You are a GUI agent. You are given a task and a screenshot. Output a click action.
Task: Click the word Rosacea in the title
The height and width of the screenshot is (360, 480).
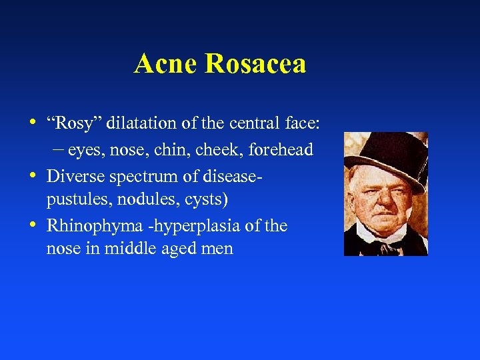click(x=256, y=64)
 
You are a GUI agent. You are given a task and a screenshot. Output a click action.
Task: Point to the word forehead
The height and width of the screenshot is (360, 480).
click(x=281, y=150)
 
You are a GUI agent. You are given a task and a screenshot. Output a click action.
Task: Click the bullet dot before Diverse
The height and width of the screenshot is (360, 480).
click(x=34, y=175)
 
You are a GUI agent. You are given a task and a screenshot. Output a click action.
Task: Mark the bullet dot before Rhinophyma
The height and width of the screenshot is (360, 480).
click(x=34, y=225)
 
